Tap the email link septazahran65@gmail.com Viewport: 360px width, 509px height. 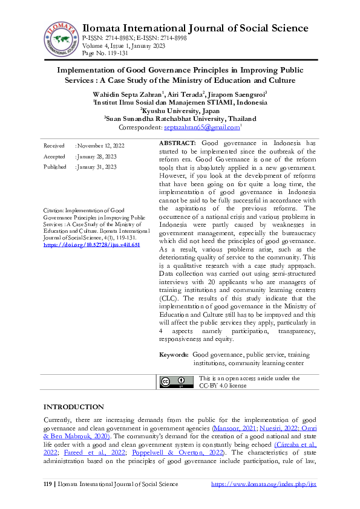coord(193,128)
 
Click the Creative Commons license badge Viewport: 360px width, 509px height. coord(172,381)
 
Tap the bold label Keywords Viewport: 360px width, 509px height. coord(173,354)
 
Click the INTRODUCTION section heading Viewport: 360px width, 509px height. coord(73,407)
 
